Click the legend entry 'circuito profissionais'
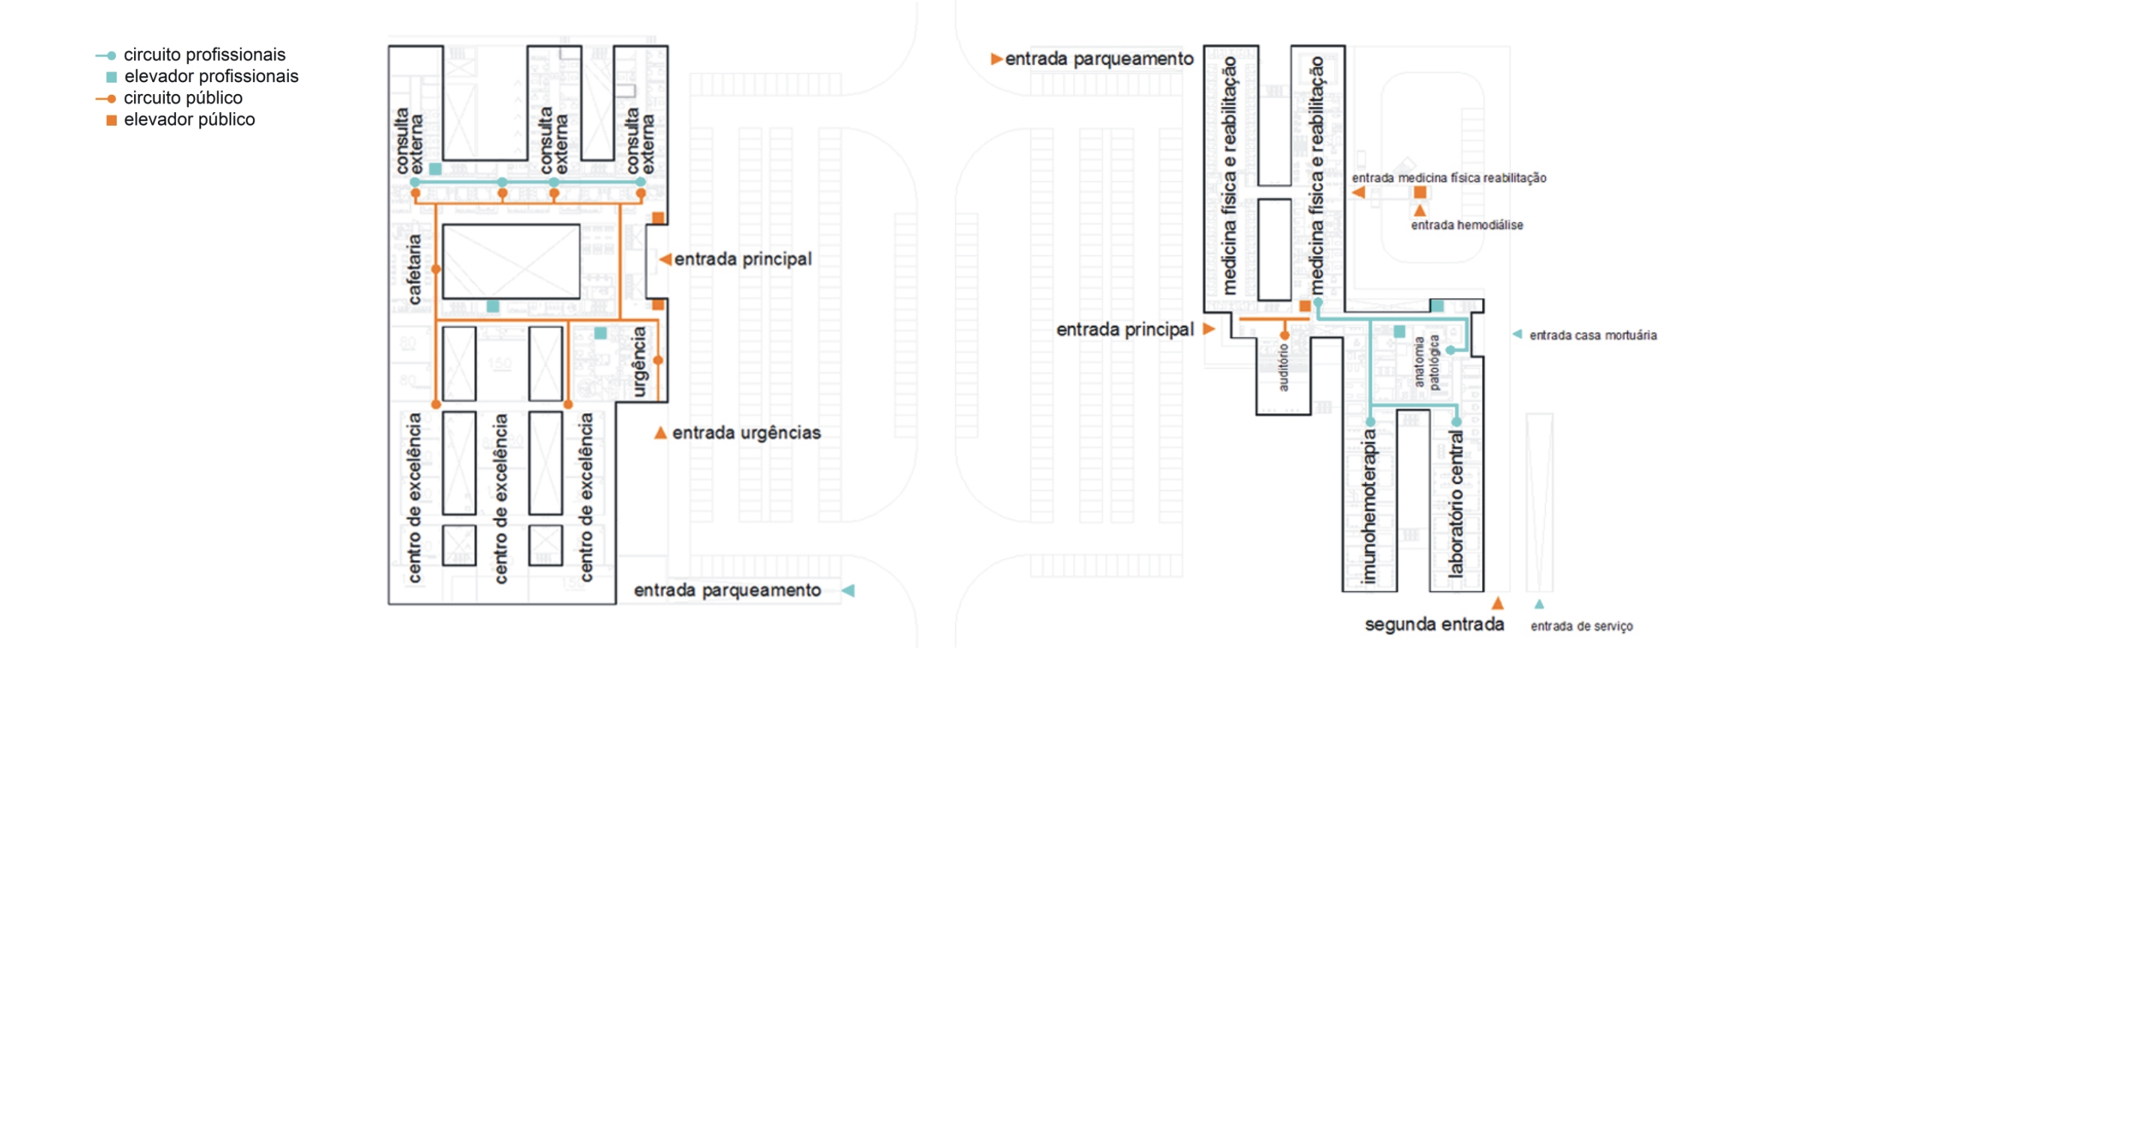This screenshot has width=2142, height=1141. (x=204, y=55)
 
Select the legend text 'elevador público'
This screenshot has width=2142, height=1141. (x=189, y=120)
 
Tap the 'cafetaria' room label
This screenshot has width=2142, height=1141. (x=413, y=269)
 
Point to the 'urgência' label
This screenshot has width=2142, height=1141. (x=638, y=362)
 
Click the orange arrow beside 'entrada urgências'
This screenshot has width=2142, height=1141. (x=660, y=433)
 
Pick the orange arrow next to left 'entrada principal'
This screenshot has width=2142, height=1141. (x=665, y=260)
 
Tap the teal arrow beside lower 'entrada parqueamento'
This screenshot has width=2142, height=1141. (x=848, y=591)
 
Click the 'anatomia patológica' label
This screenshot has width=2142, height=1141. (x=1427, y=362)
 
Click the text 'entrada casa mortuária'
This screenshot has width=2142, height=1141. (x=1593, y=335)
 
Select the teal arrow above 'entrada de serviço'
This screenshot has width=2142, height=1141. (x=1539, y=604)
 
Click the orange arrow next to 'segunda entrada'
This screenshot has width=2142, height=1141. (x=1498, y=604)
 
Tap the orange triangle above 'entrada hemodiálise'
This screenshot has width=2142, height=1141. (x=1420, y=211)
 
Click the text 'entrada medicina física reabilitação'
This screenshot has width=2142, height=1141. (x=1449, y=178)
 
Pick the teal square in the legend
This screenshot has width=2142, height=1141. (x=111, y=78)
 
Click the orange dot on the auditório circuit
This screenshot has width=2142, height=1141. (x=1285, y=336)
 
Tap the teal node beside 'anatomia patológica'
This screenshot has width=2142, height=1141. (x=1450, y=350)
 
